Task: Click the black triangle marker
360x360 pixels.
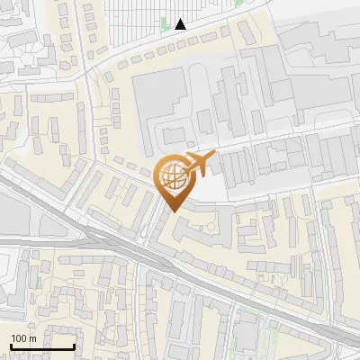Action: click(x=181, y=23)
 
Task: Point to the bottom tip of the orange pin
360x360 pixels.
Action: click(x=171, y=211)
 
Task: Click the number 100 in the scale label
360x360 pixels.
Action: click(x=19, y=338)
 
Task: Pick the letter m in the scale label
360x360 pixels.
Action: click(x=32, y=338)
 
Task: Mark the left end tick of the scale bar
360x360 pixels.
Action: click(x=11, y=346)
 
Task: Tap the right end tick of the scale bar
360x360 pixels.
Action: click(x=74, y=346)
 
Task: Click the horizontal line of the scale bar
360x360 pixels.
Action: click(x=42, y=347)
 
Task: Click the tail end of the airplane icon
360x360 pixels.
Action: click(x=186, y=170)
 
